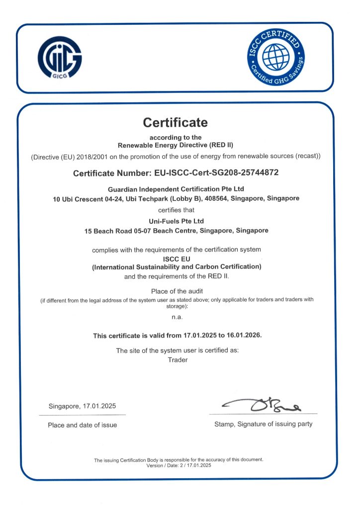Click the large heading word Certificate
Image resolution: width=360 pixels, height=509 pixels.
pyautogui.click(x=175, y=122)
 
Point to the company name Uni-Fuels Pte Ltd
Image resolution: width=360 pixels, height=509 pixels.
pyautogui.click(x=177, y=221)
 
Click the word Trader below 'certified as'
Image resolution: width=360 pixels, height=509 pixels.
pyautogui.click(x=178, y=359)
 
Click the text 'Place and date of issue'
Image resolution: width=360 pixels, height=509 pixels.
pyautogui.click(x=83, y=425)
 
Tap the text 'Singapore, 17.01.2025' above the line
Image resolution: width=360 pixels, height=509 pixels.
pyautogui.click(x=83, y=406)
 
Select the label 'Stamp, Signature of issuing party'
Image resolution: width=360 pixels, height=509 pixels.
pyautogui.click(x=263, y=424)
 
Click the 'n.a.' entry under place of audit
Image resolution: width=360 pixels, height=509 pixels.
pyautogui.click(x=177, y=316)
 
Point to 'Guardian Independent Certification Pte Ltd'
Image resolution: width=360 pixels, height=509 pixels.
pyautogui.click(x=176, y=189)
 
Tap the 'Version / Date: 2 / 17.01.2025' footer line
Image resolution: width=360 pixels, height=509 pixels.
pyautogui.click(x=179, y=465)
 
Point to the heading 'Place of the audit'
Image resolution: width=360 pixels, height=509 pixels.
pyautogui.click(x=177, y=291)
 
